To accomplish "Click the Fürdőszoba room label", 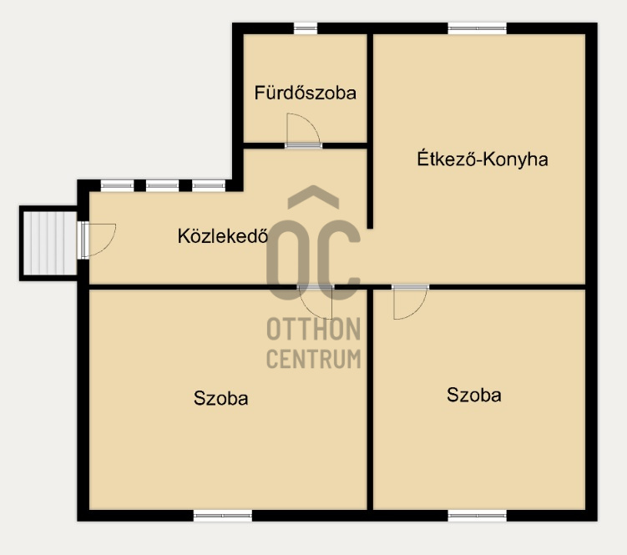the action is [305, 93].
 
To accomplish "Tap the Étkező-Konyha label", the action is [483, 159].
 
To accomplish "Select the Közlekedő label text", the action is [223, 236].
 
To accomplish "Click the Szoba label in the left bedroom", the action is [220, 398].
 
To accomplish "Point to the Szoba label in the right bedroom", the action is [474, 395].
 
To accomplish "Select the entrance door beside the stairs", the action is [98, 240].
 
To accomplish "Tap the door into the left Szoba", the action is [316, 303].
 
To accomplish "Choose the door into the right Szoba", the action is [410, 302].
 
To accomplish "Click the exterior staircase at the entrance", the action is [49, 243].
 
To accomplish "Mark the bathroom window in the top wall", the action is [306, 28].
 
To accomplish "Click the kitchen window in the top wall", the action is [477, 28].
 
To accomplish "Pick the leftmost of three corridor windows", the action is [117, 185].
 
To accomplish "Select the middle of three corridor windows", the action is [162, 185].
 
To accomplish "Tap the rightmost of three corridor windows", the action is [209, 185].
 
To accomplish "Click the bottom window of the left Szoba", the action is [223, 516].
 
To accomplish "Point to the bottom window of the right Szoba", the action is [477, 516].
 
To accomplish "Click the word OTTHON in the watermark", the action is [314, 329].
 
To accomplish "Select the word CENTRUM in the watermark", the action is [314, 359].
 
